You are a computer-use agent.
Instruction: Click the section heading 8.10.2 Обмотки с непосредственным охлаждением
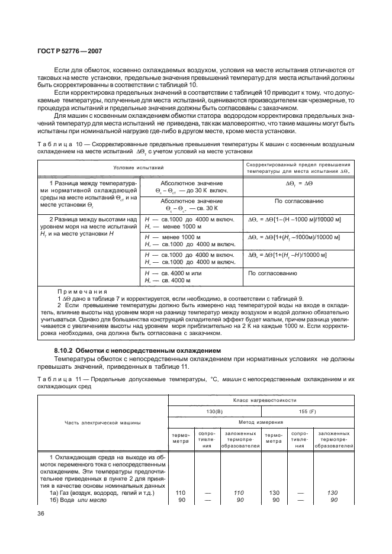click(137, 352)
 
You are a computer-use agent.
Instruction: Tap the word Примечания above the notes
click(82, 292)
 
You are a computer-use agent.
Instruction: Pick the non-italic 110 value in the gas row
click(181, 492)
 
